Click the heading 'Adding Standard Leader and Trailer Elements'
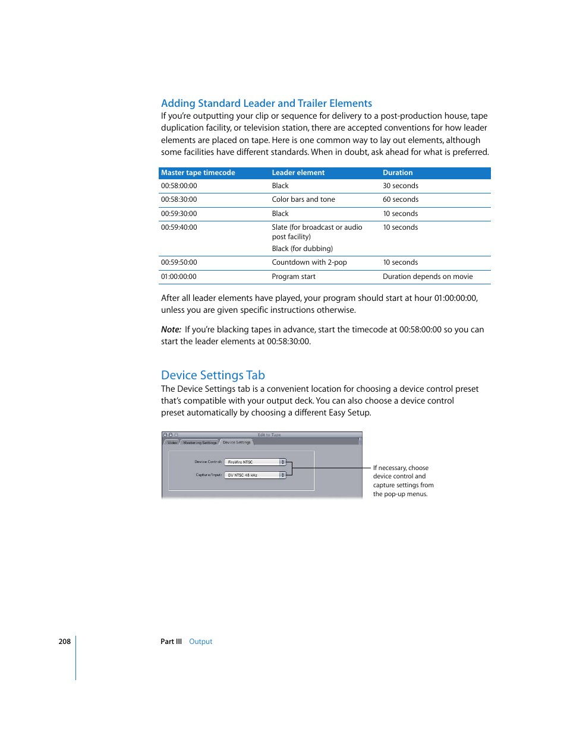pos(266,103)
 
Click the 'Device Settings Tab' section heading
pos(213,375)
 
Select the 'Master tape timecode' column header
pos(198,173)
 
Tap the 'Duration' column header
pos(398,173)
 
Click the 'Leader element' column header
pos(298,173)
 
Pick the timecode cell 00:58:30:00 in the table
pos(179,199)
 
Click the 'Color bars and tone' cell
pos(303,199)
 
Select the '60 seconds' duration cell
pos(401,199)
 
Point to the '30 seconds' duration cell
pos(401,186)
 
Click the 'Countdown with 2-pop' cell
pos(309,262)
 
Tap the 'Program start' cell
pos(294,277)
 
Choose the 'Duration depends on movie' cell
pos(427,277)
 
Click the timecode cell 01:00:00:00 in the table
pos(179,277)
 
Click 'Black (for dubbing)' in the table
pos(302,249)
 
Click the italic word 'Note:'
pos(171,329)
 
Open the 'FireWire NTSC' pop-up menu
pos(255,462)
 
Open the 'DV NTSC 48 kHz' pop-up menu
pos(255,475)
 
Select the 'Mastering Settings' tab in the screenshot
pos(200,443)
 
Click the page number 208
pos(64,642)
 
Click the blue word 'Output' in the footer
pos(200,642)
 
